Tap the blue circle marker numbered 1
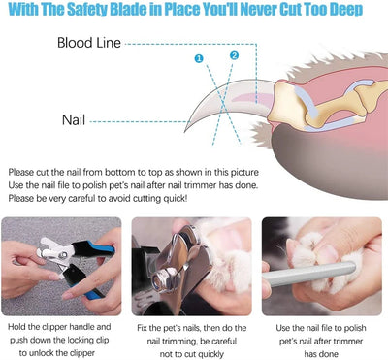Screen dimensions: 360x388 tap(200, 59)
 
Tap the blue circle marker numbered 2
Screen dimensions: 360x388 tap(234, 55)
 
